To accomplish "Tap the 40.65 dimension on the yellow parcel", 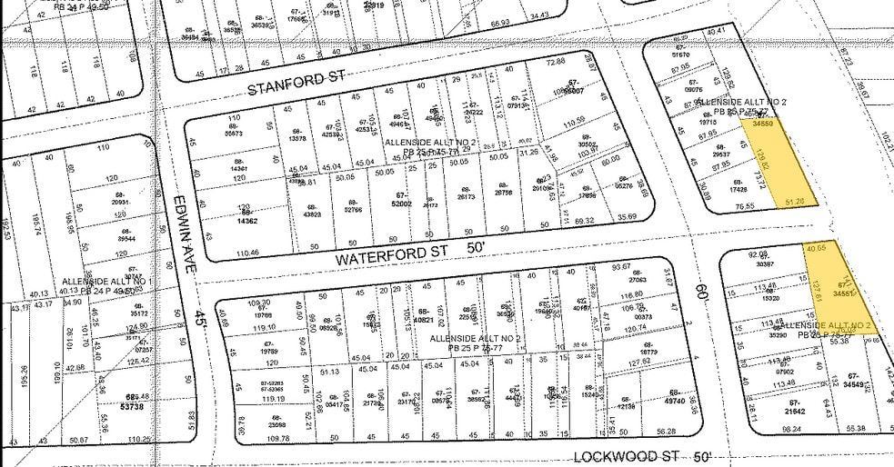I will click(817, 246).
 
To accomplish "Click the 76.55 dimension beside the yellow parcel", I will click(720, 206).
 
